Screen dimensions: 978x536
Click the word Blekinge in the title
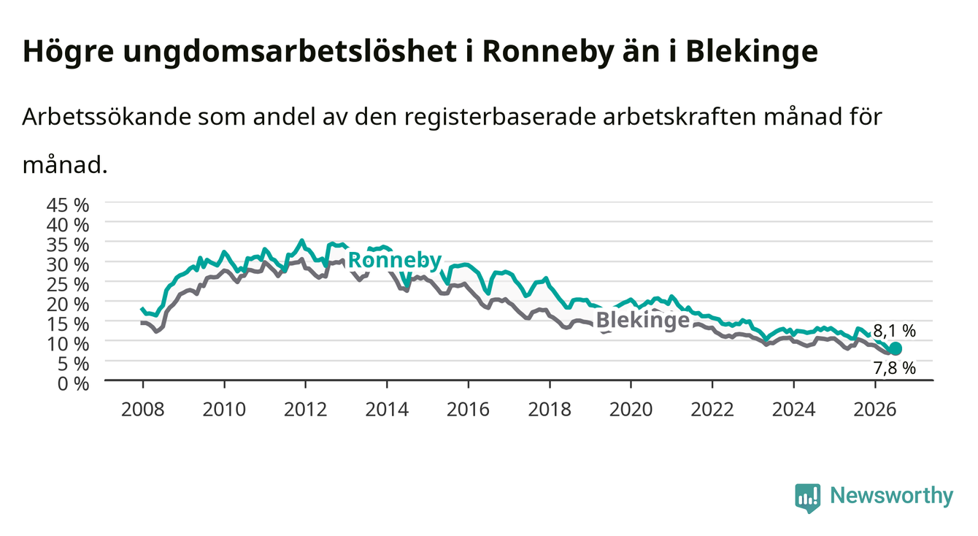coord(752,52)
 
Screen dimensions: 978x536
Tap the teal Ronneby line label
coord(395,261)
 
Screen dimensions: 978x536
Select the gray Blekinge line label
coord(643,320)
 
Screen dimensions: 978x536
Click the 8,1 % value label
coord(894,331)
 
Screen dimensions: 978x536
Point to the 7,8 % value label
coord(894,368)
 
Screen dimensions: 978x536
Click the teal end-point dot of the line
coord(895,348)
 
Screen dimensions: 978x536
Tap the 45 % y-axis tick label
coord(68,205)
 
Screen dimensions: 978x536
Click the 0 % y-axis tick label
coord(73,384)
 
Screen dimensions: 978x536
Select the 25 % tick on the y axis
coord(68,285)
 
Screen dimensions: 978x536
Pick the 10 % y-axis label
coord(68,344)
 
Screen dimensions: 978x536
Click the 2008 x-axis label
coord(143,410)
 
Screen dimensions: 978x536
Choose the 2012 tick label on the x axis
coord(306,410)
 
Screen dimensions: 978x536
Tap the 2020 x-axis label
coord(631,410)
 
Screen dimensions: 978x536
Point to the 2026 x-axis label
coord(875,410)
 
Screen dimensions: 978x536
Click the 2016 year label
coord(468,410)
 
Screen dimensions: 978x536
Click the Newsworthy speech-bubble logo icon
coord(808,498)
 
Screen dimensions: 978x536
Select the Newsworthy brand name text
coord(892,496)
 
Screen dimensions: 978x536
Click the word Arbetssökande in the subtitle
coord(107,117)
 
